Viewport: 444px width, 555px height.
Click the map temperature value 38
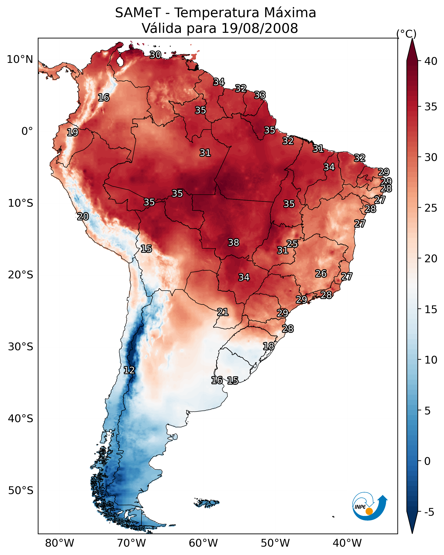[x=233, y=242]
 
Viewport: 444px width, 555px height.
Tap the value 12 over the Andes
[x=129, y=370]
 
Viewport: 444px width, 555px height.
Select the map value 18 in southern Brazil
[x=269, y=346]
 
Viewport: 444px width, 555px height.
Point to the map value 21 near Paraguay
[x=223, y=312]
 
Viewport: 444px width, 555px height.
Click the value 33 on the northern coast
[x=260, y=95]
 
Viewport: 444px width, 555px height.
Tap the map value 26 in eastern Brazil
[x=321, y=273]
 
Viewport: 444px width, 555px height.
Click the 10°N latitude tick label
[x=20, y=59]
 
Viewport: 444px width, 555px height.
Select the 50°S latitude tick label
[x=21, y=490]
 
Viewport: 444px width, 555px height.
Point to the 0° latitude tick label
[x=27, y=131]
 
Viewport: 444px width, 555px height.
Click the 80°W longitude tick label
[x=60, y=543]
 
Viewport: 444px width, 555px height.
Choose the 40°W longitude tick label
[x=347, y=543]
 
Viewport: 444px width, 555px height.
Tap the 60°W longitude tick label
[x=203, y=543]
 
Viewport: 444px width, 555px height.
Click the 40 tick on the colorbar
[x=431, y=61]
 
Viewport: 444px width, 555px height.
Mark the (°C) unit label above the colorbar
[x=406, y=34]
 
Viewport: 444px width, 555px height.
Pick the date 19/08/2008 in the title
[x=259, y=28]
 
